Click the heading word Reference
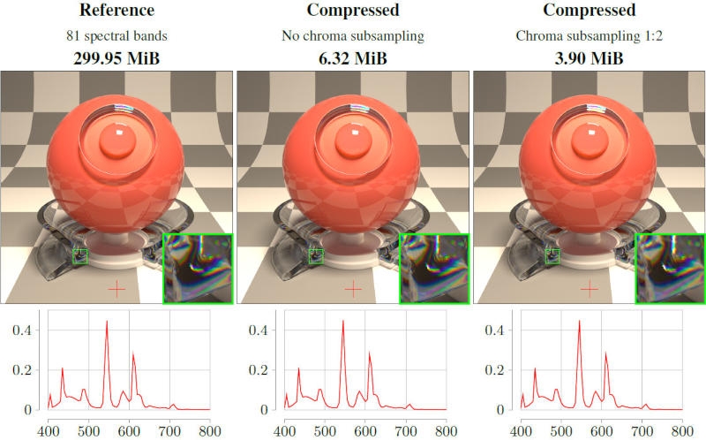(116, 11)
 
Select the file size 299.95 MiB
(116, 60)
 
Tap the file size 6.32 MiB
(352, 60)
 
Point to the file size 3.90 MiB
(589, 60)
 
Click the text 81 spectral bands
(116, 37)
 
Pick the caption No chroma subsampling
(352, 37)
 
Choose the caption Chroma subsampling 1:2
(589, 37)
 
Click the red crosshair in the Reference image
(117, 288)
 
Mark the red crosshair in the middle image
(353, 288)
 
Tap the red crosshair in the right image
(590, 288)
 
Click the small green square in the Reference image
(80, 256)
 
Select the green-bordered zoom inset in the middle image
(433, 269)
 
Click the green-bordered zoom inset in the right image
(670, 269)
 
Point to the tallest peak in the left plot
(107, 322)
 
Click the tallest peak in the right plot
(579, 322)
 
